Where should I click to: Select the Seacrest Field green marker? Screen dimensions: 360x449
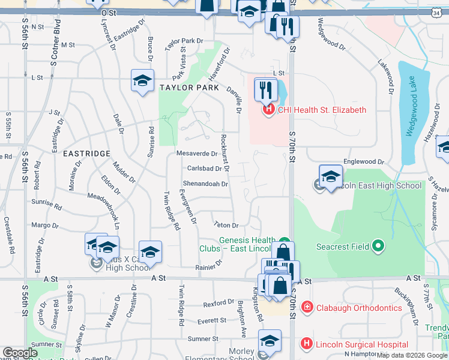(378, 246)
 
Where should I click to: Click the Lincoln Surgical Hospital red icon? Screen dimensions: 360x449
(307, 344)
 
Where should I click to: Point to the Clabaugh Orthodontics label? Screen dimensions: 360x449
(358, 308)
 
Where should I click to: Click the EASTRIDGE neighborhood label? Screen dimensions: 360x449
(86, 154)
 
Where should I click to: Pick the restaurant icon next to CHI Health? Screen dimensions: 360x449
(264, 90)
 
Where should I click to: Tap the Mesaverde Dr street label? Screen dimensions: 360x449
(197, 154)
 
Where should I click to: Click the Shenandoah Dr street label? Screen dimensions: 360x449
(205, 184)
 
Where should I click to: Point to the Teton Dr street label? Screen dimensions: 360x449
(227, 225)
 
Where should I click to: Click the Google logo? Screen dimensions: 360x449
(20, 353)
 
